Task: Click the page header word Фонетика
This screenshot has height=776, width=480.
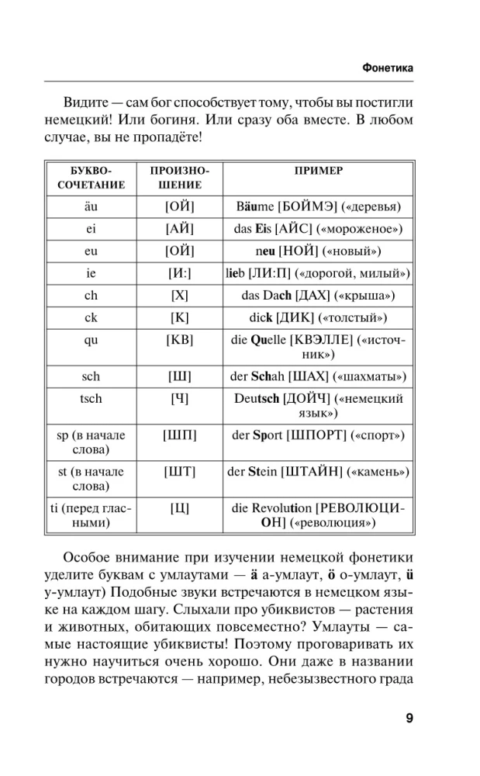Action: pyautogui.click(x=388, y=68)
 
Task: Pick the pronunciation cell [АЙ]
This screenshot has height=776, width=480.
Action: pyautogui.click(x=180, y=230)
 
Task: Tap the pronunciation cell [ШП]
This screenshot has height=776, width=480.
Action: pyautogui.click(x=180, y=435)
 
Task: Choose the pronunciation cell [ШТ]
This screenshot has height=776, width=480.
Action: pyautogui.click(x=180, y=472)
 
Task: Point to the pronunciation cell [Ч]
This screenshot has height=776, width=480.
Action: pyautogui.click(x=180, y=398)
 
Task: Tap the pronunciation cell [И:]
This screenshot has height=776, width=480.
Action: pyautogui.click(x=180, y=274)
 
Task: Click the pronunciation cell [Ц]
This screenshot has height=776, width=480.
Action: pyautogui.click(x=180, y=508)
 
